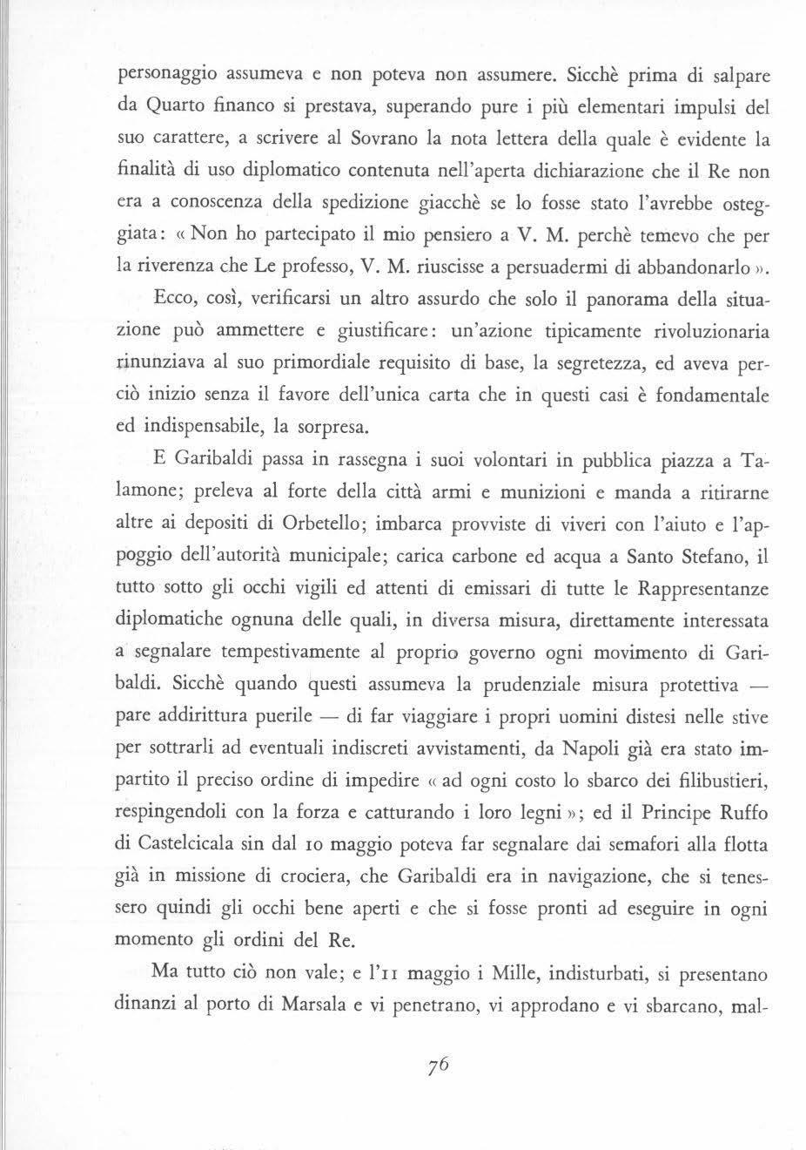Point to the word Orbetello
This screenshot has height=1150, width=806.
point(328,524)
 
